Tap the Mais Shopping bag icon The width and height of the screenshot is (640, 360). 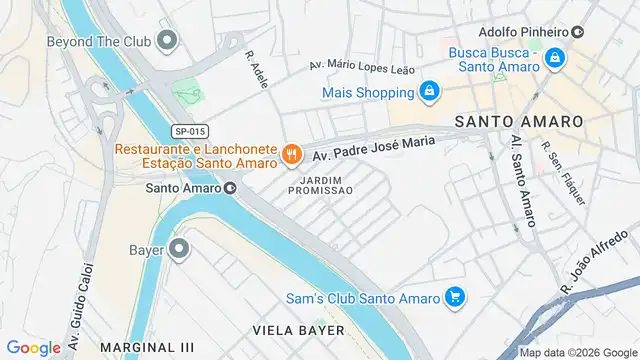[428, 92]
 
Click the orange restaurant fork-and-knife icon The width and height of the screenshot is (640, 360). [291, 154]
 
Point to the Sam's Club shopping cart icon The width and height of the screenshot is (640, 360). [455, 297]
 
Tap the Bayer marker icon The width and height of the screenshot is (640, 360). [179, 248]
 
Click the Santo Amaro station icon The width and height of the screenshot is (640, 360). [230, 186]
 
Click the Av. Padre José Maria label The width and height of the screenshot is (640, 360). [374, 149]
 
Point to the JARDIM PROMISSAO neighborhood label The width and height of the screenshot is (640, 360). [320, 184]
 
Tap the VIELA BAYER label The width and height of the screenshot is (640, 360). [298, 329]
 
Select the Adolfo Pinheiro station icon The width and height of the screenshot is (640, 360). [578, 31]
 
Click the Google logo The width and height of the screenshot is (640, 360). [34, 347]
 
